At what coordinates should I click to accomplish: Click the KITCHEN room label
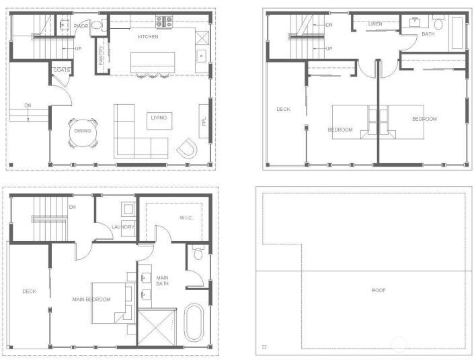point(148,37)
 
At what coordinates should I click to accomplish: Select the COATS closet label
point(62,70)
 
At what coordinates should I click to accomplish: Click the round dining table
point(83,132)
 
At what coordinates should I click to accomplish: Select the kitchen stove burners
point(164,21)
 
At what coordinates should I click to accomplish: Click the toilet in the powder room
point(96,26)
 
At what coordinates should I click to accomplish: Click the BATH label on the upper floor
point(428,33)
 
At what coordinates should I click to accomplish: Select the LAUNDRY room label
point(124,227)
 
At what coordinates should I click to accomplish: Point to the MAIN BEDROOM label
point(91,300)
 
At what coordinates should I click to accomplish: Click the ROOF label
point(379,290)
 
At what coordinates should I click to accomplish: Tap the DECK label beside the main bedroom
point(29,291)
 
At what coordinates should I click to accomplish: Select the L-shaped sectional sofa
point(138,134)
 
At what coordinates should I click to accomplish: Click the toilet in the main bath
point(197,255)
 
